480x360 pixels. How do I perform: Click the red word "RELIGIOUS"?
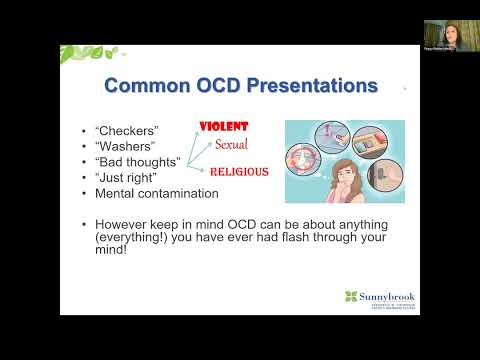239,171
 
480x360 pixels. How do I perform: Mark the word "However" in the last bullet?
124,224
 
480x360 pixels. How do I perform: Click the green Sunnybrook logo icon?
350,296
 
